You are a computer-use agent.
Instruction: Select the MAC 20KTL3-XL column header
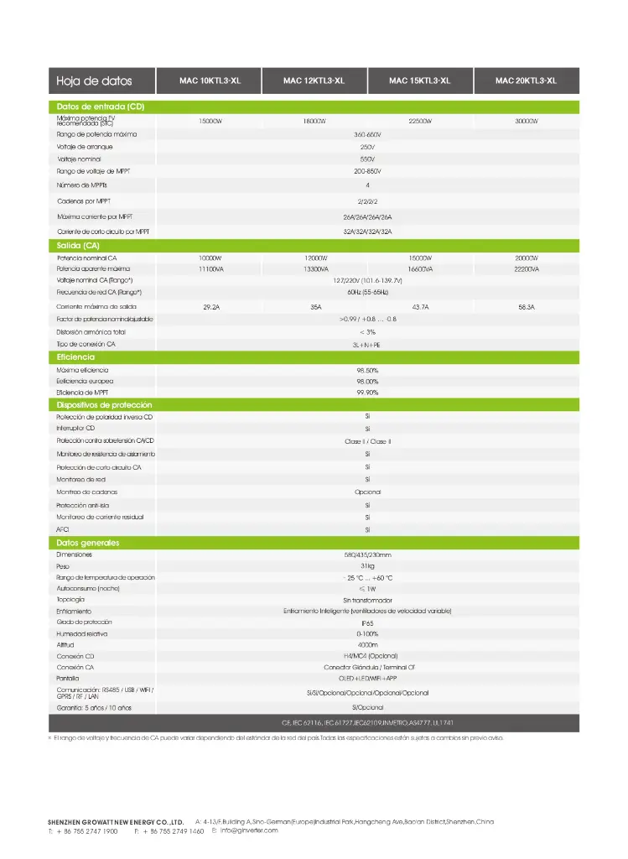526,81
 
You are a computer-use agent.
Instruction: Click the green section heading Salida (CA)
78,245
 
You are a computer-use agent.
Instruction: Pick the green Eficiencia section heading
75,357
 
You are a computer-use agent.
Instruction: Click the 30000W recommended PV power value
526,122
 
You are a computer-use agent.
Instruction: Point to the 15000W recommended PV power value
210,122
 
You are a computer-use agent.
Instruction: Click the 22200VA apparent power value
526,269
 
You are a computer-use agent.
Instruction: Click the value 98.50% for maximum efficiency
367,370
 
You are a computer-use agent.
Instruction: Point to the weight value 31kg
367,566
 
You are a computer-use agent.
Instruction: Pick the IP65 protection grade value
367,623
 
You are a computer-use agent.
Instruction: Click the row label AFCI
63,530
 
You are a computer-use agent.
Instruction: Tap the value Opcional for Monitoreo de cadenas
367,492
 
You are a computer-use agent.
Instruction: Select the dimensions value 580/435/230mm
367,554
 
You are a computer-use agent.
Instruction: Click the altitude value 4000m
367,645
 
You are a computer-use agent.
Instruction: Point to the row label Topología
71,600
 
